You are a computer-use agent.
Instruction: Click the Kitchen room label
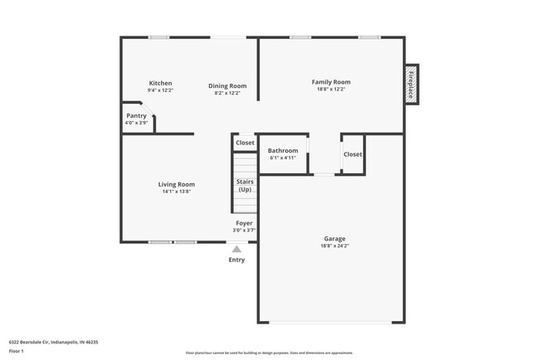(x=160, y=83)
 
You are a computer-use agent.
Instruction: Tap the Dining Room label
(x=227, y=85)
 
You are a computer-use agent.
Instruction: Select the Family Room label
(x=331, y=81)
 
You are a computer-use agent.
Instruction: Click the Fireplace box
(x=410, y=85)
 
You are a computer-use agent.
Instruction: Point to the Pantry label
(x=136, y=116)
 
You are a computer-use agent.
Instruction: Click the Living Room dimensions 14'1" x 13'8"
(x=176, y=192)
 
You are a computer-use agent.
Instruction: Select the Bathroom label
(x=283, y=150)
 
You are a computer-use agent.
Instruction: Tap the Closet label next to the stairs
(x=245, y=143)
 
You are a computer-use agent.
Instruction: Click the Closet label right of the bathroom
(x=352, y=154)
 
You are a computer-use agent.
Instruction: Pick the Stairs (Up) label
(x=245, y=185)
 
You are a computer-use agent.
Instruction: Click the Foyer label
(x=245, y=223)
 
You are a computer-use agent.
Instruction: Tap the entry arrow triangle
(x=236, y=248)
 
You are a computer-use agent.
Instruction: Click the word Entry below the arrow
(x=236, y=260)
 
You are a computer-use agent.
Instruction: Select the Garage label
(x=335, y=239)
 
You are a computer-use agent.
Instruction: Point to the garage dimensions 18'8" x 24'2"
(x=335, y=246)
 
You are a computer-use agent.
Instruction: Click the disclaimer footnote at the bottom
(x=269, y=353)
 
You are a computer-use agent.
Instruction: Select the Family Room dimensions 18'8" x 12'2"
(x=331, y=90)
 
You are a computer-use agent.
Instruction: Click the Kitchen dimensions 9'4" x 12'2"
(x=160, y=90)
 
